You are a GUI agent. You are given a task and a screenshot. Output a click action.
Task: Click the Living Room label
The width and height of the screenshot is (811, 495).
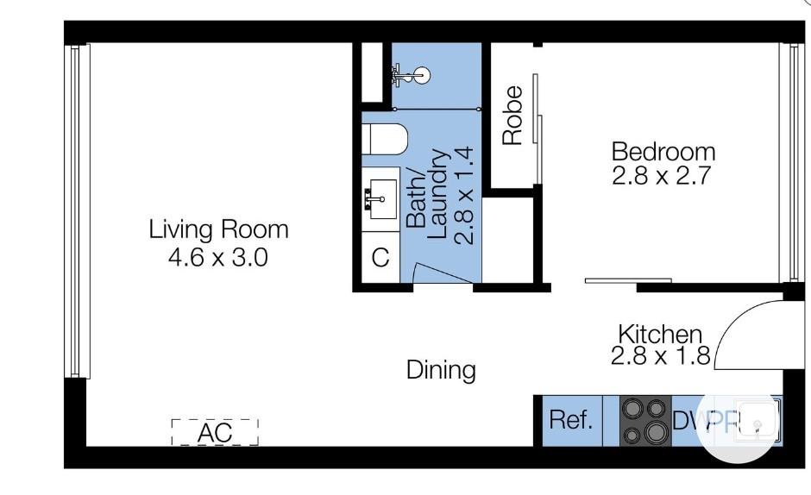pos(218,229)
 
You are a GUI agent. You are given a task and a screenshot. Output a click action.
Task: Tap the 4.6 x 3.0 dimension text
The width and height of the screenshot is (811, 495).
pos(218,256)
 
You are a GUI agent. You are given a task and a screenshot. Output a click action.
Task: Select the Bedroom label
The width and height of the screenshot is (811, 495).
pos(663,152)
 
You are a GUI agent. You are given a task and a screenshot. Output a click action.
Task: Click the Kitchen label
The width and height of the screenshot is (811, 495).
pos(660,333)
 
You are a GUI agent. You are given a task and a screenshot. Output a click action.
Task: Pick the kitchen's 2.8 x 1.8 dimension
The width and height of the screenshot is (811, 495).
pos(660,356)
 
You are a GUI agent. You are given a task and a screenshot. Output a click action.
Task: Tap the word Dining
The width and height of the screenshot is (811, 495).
pos(441,370)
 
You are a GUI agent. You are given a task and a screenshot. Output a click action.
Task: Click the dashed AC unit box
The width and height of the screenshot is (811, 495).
pos(215,432)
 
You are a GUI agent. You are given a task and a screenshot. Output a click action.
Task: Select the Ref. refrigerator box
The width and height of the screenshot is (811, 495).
pos(571,421)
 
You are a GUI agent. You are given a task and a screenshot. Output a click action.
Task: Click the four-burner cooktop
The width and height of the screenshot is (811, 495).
pos(645,421)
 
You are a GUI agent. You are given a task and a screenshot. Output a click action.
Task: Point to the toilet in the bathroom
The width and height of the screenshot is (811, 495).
pos(380,138)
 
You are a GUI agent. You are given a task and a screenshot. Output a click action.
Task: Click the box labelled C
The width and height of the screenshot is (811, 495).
pos(380,258)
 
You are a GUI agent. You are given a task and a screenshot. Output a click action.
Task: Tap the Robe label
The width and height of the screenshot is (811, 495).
pos(512,115)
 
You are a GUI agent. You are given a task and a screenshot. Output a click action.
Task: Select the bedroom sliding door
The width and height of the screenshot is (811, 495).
pos(628,279)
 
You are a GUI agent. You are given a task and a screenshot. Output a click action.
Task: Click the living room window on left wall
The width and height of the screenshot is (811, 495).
pos(76,211)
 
